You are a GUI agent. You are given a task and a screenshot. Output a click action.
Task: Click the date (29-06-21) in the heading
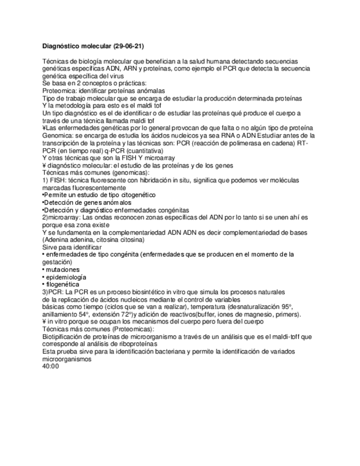[129, 46]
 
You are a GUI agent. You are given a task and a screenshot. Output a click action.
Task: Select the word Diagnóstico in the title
[62, 46]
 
